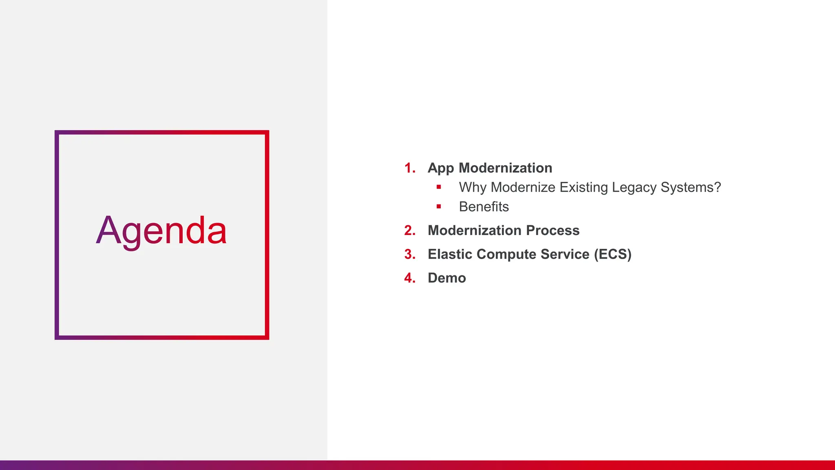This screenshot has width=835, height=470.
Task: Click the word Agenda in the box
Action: click(x=161, y=231)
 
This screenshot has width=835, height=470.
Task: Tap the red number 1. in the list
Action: click(x=410, y=168)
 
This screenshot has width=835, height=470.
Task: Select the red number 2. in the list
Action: click(x=410, y=231)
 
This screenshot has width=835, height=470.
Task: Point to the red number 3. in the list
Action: click(x=410, y=254)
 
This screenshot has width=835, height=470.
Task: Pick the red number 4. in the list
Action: click(x=410, y=278)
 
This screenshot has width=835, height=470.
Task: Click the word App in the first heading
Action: click(x=440, y=168)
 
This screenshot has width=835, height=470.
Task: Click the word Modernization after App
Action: click(x=505, y=168)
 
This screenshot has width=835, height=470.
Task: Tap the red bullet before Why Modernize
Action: click(x=439, y=187)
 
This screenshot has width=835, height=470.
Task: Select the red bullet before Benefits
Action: click(x=439, y=206)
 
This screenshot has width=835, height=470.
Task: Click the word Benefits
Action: click(x=484, y=207)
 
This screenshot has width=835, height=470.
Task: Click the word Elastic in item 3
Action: click(x=450, y=254)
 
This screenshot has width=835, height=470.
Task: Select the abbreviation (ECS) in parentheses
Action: click(x=612, y=254)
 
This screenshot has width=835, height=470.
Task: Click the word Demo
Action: click(x=446, y=278)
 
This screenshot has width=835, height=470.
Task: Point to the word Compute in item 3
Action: click(x=506, y=254)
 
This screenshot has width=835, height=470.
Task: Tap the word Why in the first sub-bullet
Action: click(x=473, y=187)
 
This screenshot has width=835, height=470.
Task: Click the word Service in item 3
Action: click(x=565, y=254)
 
